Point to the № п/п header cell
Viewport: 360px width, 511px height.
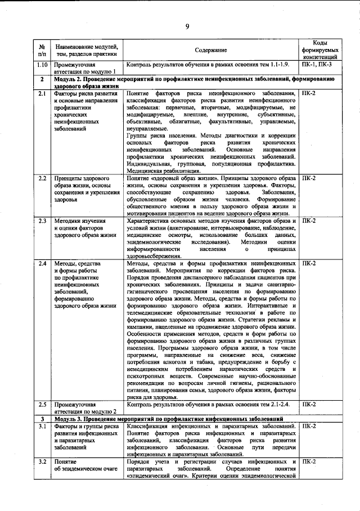(x=42, y=50)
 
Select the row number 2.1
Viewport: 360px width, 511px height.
(x=42, y=93)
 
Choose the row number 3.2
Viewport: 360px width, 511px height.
(x=42, y=461)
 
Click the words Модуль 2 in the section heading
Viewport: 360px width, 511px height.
(x=69, y=79)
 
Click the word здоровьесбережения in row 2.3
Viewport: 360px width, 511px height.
(x=154, y=255)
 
